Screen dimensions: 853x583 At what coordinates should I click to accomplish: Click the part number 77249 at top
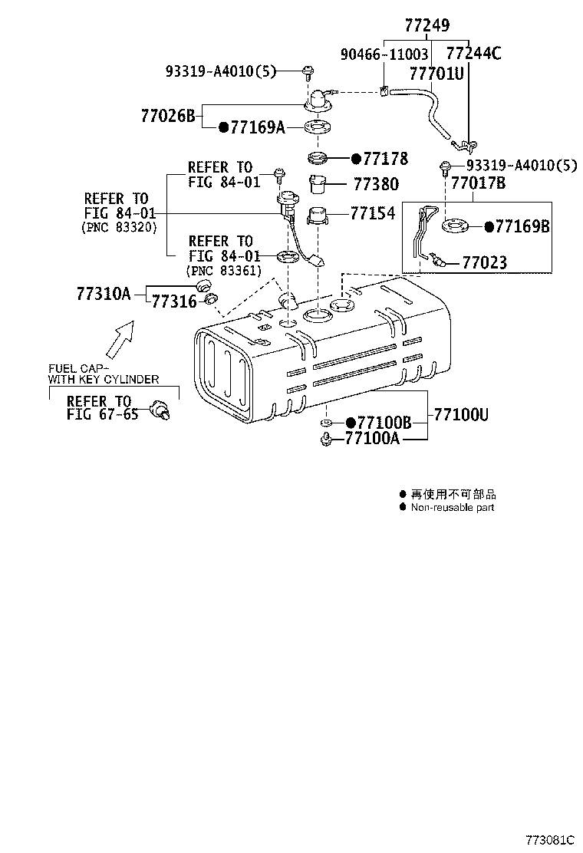tap(427, 26)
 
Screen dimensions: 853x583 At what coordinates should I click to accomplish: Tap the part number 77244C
tap(473, 54)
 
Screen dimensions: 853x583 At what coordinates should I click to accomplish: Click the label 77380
tap(376, 184)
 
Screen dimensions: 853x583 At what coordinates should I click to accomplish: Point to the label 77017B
tap(478, 183)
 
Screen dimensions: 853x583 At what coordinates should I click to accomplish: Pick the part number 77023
tap(484, 263)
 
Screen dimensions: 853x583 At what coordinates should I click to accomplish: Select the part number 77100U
tap(461, 415)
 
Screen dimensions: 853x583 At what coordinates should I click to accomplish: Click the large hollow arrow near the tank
tap(119, 338)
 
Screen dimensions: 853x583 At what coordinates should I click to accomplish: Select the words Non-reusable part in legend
tap(452, 507)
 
